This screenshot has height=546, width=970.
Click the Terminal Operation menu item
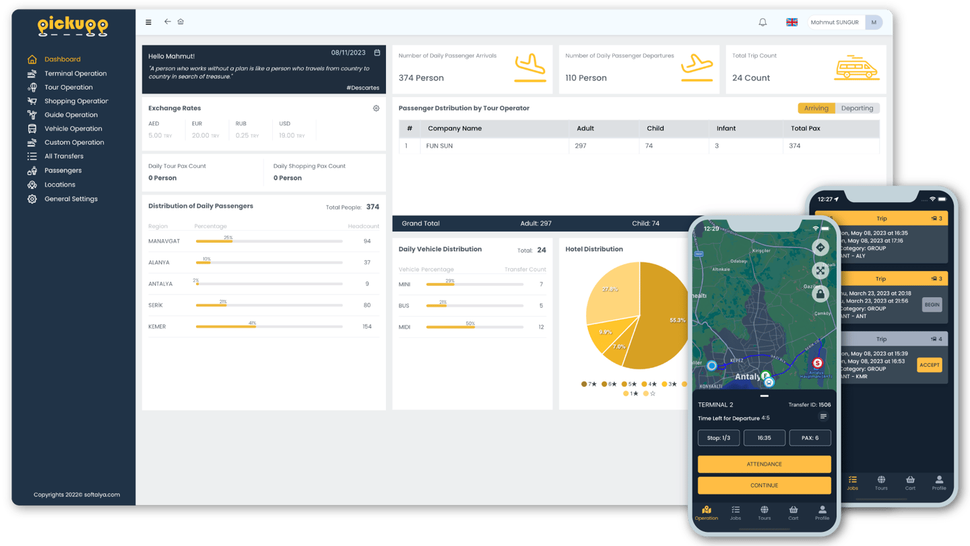[75, 73]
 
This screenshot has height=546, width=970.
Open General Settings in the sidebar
[71, 199]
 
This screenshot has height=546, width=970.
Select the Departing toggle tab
[857, 108]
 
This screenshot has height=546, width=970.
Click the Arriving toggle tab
[816, 108]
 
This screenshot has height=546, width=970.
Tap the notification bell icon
[763, 22]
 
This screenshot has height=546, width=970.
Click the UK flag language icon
[792, 22]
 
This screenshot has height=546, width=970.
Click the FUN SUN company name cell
[439, 146]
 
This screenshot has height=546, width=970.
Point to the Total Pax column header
[805, 128]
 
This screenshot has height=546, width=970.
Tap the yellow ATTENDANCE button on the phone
[764, 464]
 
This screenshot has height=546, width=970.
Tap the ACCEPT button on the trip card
[930, 365]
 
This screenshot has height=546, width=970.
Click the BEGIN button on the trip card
[932, 305]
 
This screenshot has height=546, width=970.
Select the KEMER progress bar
[269, 327]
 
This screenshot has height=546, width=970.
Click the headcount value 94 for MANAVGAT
[367, 241]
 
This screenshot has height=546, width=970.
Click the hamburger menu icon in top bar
[149, 22]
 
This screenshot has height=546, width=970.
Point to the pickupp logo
[73, 26]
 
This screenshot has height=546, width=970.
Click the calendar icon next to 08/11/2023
[377, 53]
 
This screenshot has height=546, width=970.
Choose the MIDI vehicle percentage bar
[475, 327]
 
